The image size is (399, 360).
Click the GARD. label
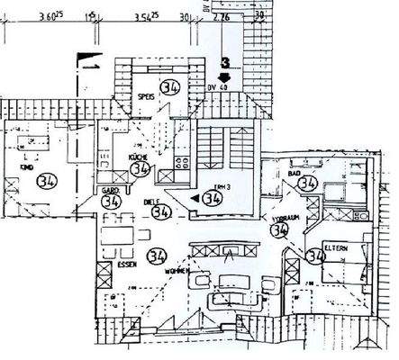[x=111, y=191]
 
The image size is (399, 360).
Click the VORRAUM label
[x=281, y=218]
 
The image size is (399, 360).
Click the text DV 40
[x=218, y=87]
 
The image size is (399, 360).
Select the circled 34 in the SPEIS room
[x=170, y=88]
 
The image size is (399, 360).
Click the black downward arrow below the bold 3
[x=223, y=76]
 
